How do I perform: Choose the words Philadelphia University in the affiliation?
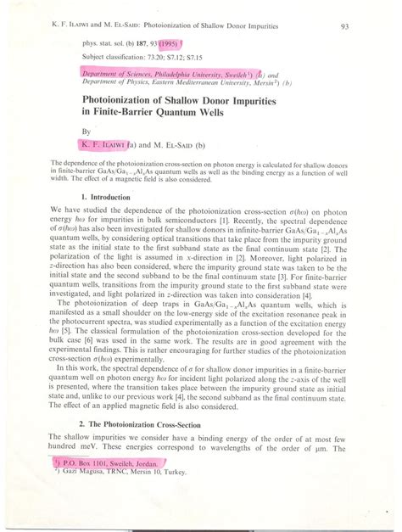pyautogui.click(x=177, y=74)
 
